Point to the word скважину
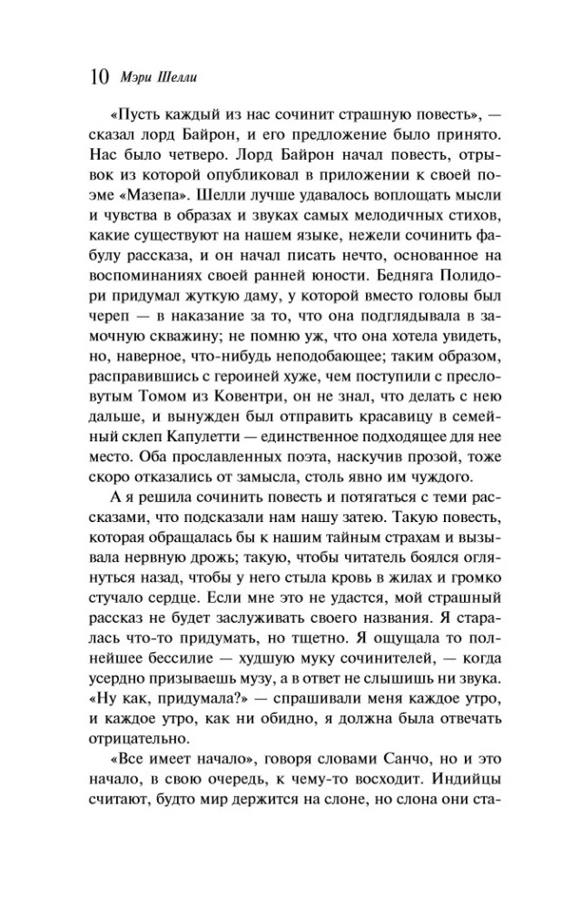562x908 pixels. click(155, 330)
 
